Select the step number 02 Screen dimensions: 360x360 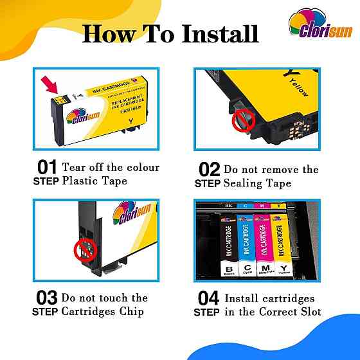coord(210,170)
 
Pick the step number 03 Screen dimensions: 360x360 coord(46,299)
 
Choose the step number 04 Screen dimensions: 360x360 coord(210,299)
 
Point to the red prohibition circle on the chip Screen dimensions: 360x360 coord(82,248)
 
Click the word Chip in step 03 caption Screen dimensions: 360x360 coord(132,312)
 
